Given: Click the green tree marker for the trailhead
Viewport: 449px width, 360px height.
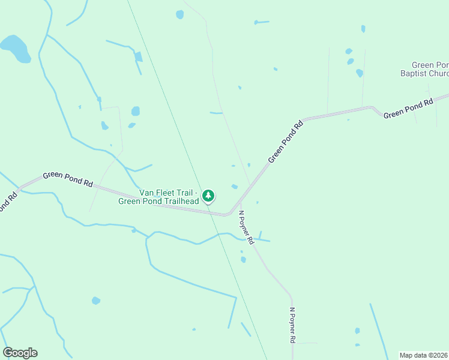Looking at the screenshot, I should pyautogui.click(x=208, y=196).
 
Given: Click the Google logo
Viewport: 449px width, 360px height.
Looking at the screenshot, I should pyautogui.click(x=20, y=353).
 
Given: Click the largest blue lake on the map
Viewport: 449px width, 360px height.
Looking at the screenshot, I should pyautogui.click(x=14, y=48).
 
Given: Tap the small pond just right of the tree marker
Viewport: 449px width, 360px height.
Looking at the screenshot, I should pyautogui.click(x=234, y=187).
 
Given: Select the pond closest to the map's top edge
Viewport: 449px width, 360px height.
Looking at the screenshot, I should pyautogui.click(x=179, y=14).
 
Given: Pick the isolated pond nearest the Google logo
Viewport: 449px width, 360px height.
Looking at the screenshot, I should pyautogui.click(x=95, y=300).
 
